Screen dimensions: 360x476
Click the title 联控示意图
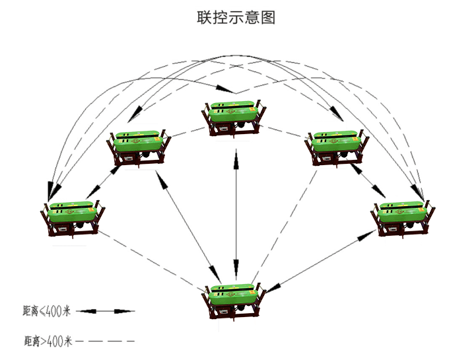click(x=236, y=18)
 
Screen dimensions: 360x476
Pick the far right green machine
click(x=403, y=216)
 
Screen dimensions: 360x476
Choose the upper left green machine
click(x=138, y=146)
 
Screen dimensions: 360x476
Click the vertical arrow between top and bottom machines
click(x=236, y=211)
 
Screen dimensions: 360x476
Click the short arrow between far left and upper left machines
click(x=104, y=180)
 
